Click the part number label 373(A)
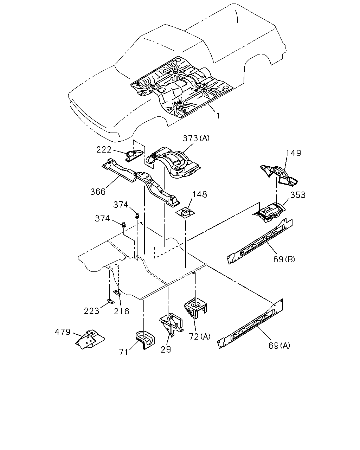click(x=196, y=138)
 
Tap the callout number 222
click(x=104, y=150)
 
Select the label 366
click(x=98, y=192)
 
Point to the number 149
click(x=294, y=153)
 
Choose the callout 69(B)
click(x=284, y=259)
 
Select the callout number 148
click(x=200, y=194)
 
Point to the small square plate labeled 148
click(x=185, y=213)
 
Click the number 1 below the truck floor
click(x=218, y=116)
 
